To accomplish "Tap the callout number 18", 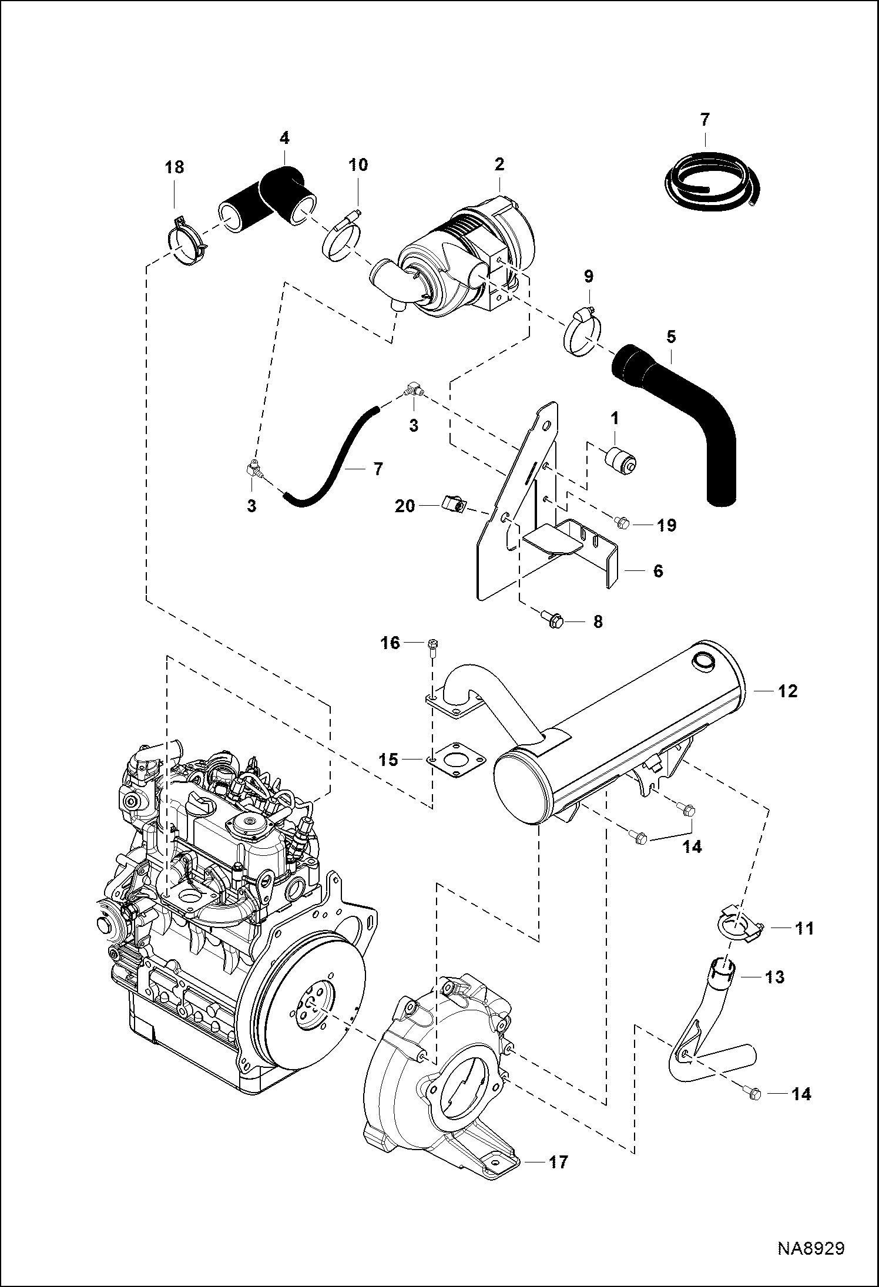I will (x=175, y=167).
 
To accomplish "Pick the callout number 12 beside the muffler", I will (x=788, y=691).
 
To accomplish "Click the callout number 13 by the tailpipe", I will (x=775, y=977).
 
